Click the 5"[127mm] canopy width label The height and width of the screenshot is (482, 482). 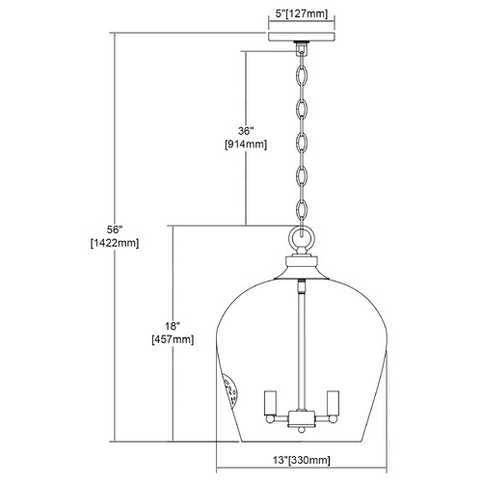coord(302,14)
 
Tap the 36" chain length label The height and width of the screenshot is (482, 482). coord(246,131)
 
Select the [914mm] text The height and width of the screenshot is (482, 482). coord(246,145)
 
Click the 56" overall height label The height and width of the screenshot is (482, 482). coord(115,229)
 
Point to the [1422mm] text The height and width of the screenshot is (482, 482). coord(115,243)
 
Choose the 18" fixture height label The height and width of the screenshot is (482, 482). coord(173,327)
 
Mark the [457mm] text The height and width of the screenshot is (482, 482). coord(173,339)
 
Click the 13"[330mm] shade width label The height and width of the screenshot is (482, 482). coord(302,460)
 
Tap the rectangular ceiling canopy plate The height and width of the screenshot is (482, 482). coord(302,37)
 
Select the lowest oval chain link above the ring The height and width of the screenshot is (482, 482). coord(301,211)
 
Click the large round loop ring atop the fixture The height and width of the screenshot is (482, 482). coord(301,238)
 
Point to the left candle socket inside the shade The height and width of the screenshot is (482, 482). coord(270,402)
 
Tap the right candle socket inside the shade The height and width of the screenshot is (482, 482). coord(333,402)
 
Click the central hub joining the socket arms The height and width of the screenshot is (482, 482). coord(301,418)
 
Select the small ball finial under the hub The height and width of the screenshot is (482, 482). coord(301,430)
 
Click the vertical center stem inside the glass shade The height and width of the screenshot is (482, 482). coord(301,345)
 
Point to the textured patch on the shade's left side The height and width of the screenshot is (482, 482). coord(231,391)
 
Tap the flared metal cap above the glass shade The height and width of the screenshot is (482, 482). coord(301,268)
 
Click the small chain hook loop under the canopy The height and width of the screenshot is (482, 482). coord(301,49)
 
